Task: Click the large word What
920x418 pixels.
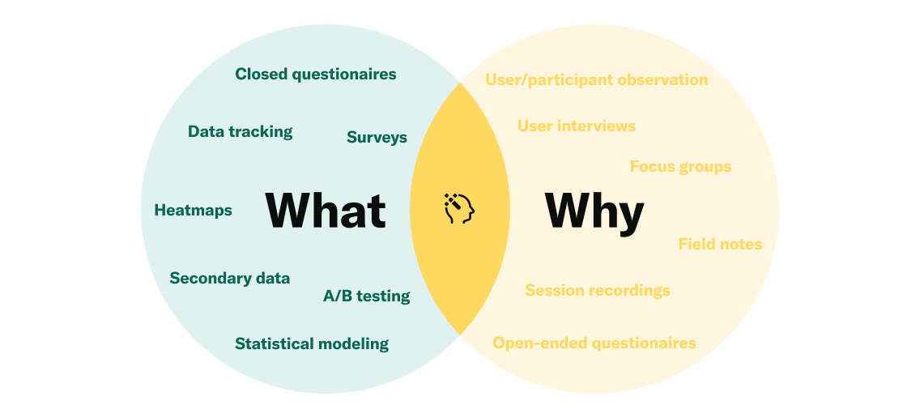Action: point(326,210)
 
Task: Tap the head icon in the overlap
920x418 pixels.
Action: point(459,208)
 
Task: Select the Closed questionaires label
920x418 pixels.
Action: point(316,75)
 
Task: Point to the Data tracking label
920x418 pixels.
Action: point(240,132)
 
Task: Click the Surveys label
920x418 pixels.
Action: point(377,138)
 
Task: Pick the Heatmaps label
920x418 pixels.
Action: point(193,210)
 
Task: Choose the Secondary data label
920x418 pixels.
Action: point(229,279)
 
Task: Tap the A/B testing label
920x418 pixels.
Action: point(366,296)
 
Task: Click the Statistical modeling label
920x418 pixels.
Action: point(312,344)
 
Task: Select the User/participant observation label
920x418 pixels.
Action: point(597,80)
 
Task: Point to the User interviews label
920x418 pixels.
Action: point(576,126)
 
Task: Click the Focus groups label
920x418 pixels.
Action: point(680,168)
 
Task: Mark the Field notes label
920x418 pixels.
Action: point(720,244)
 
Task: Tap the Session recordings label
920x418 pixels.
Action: point(598,291)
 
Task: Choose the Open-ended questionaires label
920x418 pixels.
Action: point(594,343)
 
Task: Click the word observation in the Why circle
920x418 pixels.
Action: point(663,80)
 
